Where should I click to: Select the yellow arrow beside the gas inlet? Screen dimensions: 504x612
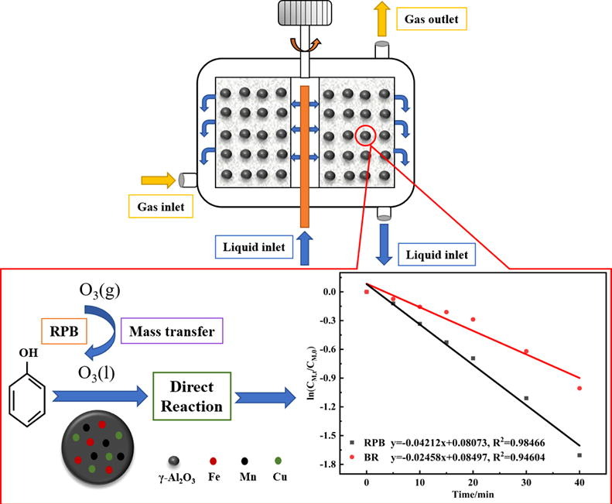click(159, 180)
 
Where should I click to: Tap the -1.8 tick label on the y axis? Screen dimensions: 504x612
click(330, 463)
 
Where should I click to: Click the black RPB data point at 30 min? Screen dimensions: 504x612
click(526, 398)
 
